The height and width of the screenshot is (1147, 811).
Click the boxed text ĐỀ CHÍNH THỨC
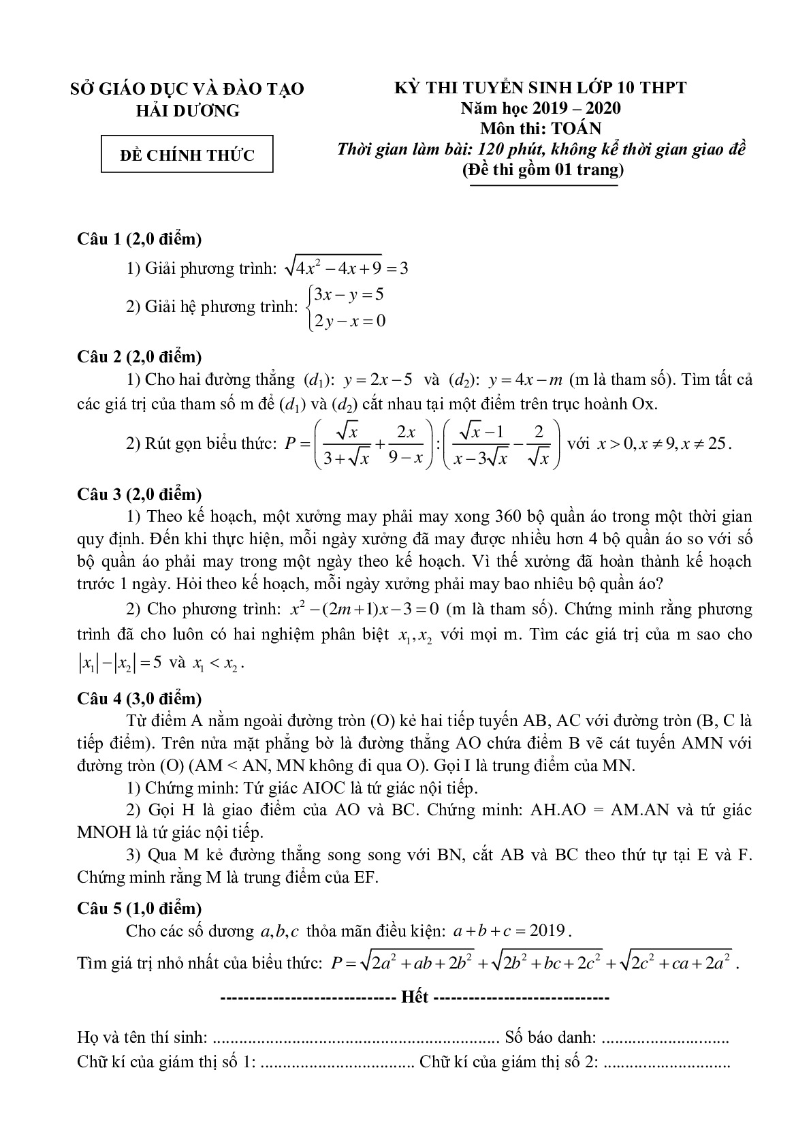187,155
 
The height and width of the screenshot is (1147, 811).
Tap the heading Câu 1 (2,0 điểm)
139,239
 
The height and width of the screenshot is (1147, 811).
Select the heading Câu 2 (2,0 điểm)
139,356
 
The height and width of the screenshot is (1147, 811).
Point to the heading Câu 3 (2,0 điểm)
139,494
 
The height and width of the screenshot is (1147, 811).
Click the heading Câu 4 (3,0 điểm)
139,698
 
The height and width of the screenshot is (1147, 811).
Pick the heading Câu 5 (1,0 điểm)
139,908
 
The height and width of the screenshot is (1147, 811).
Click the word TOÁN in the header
578,128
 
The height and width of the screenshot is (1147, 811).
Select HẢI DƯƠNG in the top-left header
188,110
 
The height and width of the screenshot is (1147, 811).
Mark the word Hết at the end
415,997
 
